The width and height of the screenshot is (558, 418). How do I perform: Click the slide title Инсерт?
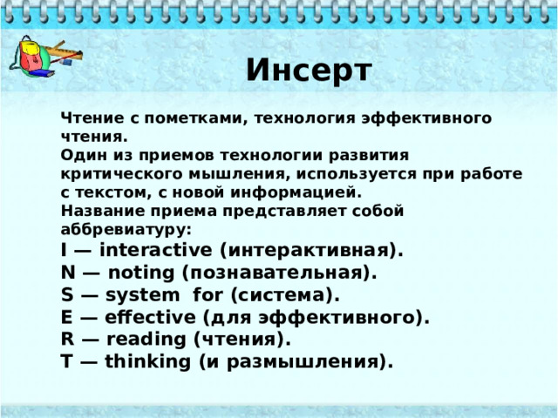coord(309,69)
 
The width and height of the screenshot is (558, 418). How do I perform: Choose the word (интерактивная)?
coord(310,251)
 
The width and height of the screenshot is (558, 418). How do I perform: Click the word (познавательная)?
coord(279,273)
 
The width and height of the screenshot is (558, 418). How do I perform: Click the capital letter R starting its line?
coord(67,338)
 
